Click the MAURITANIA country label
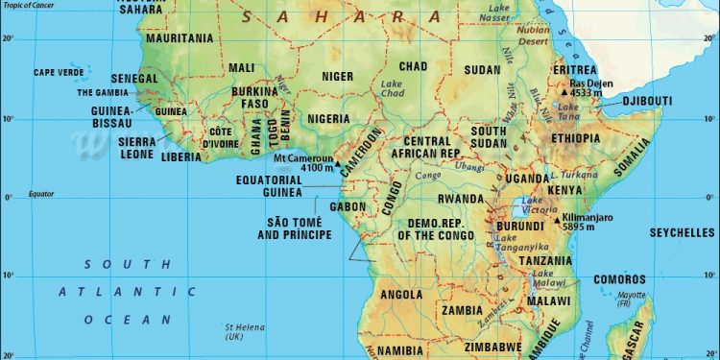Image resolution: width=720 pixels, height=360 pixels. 180,38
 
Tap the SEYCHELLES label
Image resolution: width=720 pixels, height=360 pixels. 681,233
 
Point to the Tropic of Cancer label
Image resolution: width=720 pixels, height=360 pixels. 28,5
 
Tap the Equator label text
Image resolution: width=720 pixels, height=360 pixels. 41,193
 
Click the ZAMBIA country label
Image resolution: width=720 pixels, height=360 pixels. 462,311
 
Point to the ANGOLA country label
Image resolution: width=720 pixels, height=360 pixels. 402,295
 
